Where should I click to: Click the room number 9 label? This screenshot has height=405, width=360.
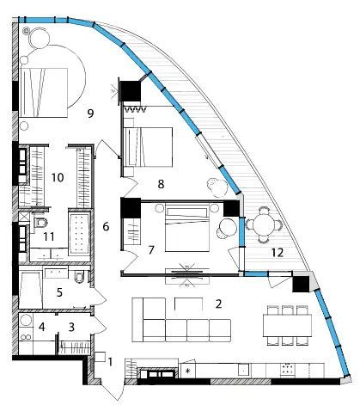click(90, 114)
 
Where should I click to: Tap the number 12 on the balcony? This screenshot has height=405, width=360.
click(278, 253)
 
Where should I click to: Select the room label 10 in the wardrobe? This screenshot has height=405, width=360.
click(58, 178)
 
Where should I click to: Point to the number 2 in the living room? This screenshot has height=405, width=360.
click(218, 304)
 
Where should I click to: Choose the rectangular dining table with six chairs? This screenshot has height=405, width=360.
click(287, 325)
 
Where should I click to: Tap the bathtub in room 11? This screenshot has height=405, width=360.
click(79, 234)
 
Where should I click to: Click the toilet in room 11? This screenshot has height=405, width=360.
click(40, 222)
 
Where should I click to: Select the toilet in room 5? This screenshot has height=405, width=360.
click(79, 277)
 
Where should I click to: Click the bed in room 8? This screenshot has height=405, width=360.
click(149, 147)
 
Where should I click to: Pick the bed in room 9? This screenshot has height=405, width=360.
click(44, 92)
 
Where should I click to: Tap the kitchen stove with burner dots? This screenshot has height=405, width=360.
click(287, 369)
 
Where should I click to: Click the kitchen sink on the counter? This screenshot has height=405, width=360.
click(244, 369)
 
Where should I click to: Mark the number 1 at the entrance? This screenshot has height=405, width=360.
click(110, 362)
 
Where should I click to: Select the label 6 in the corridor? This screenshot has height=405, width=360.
click(106, 227)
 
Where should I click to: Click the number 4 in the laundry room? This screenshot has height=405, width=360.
click(42, 327)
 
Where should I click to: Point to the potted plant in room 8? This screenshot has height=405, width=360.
click(217, 187)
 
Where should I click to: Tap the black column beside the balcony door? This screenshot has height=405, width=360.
click(301, 284)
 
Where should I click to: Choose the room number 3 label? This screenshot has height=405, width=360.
click(71, 327)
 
